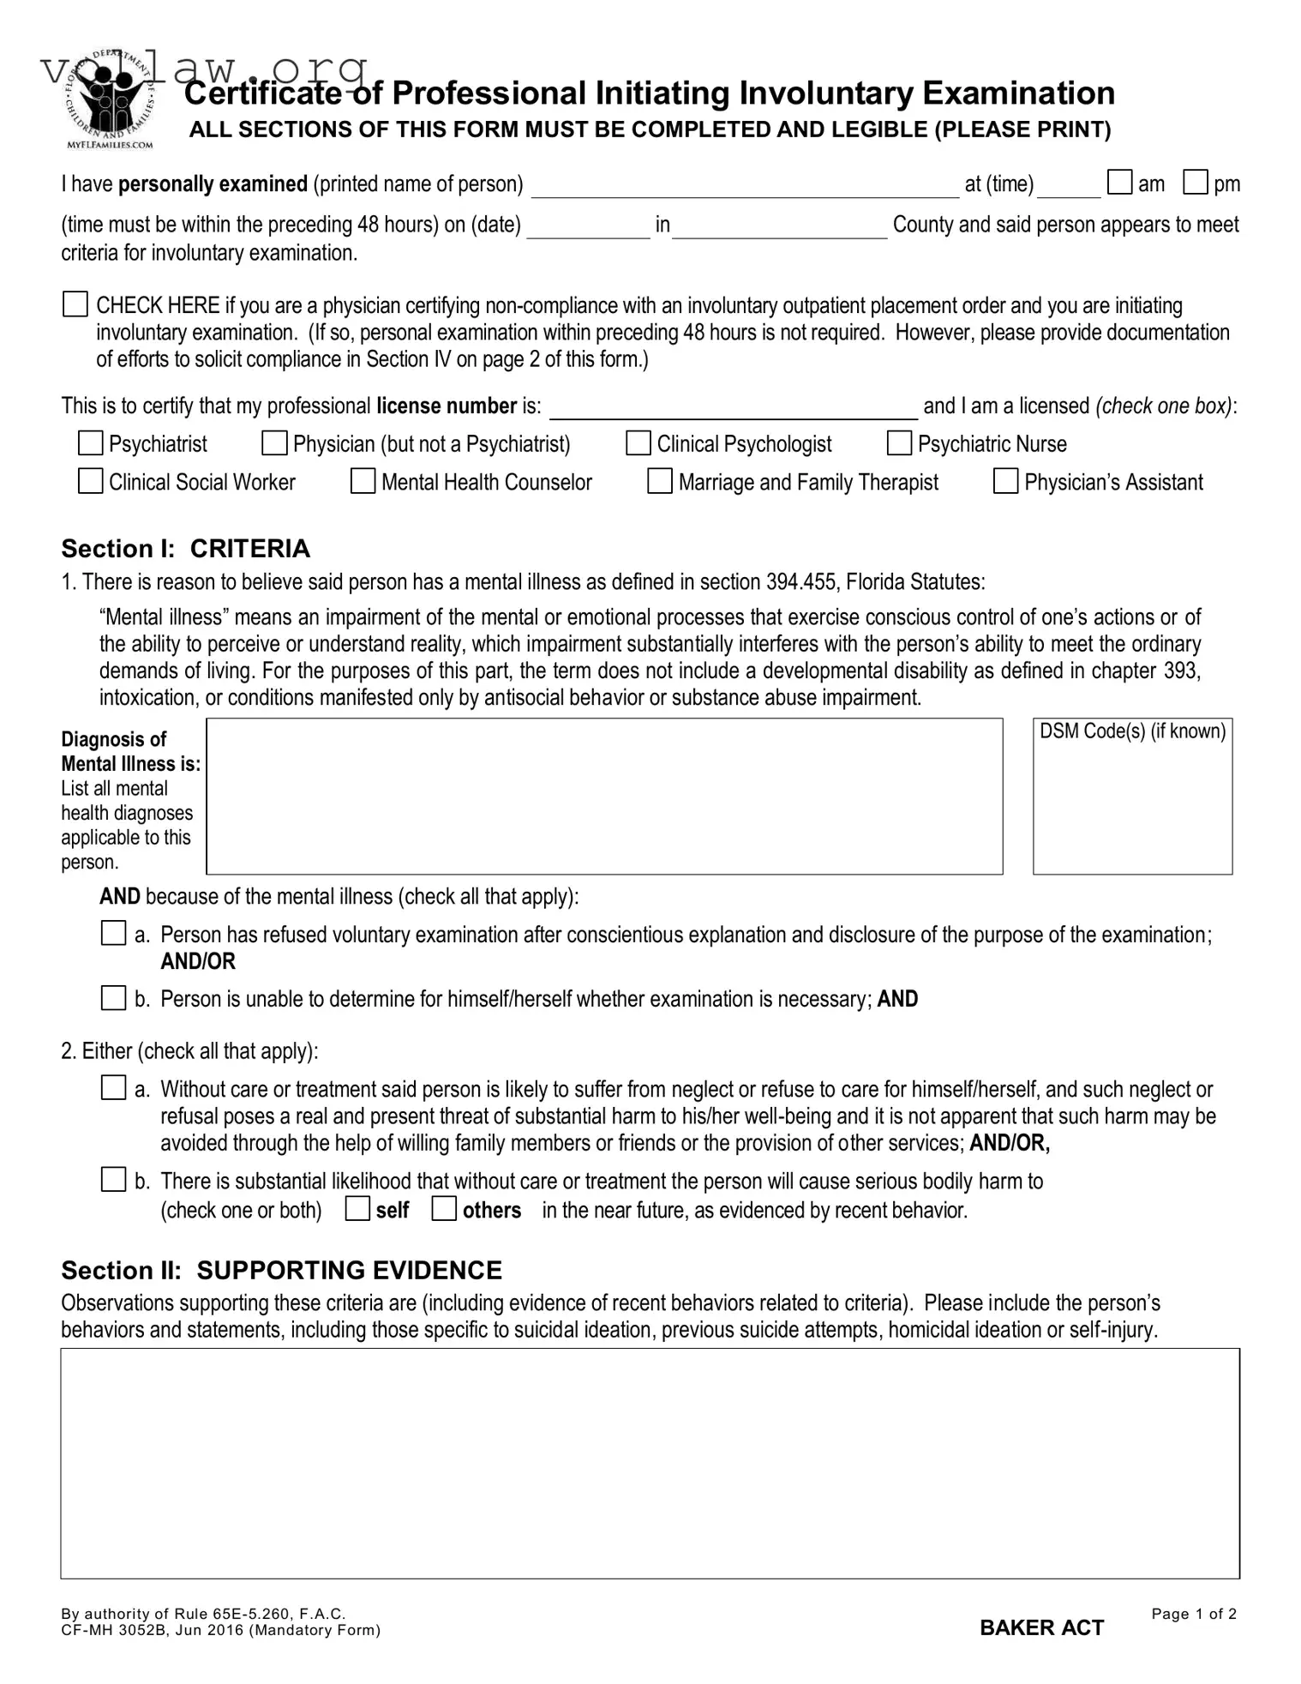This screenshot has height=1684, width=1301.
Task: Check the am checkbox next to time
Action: pyautogui.click(x=1119, y=183)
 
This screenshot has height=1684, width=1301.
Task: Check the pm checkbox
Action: pyautogui.click(x=1195, y=183)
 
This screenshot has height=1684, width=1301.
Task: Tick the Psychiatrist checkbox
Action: pyautogui.click(x=90, y=443)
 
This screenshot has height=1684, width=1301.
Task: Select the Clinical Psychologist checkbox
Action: pyautogui.click(x=638, y=443)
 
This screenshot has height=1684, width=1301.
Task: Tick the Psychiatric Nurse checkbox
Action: pyautogui.click(x=899, y=443)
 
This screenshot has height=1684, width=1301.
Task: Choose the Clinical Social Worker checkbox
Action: pyautogui.click(x=90, y=481)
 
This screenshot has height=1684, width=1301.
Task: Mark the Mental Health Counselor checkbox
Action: pyautogui.click(x=363, y=481)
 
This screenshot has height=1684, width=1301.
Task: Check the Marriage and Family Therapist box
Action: pyautogui.click(x=659, y=481)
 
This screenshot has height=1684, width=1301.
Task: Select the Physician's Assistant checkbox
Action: pyautogui.click(x=1005, y=481)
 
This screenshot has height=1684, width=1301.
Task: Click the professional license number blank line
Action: pyautogui.click(x=733, y=410)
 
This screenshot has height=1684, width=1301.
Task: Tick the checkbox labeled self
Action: pyautogui.click(x=357, y=1209)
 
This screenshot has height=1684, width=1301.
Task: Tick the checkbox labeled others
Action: pyautogui.click(x=443, y=1209)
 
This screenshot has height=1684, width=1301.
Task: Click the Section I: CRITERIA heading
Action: pyautogui.click(x=185, y=549)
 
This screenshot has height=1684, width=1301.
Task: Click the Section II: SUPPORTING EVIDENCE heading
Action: pyautogui.click(x=281, y=1270)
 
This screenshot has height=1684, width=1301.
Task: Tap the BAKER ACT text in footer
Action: pyautogui.click(x=1041, y=1627)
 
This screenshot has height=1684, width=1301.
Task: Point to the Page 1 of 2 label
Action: pyautogui.click(x=1193, y=1614)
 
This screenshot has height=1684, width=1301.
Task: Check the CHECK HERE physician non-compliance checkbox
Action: pyautogui.click(x=75, y=304)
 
